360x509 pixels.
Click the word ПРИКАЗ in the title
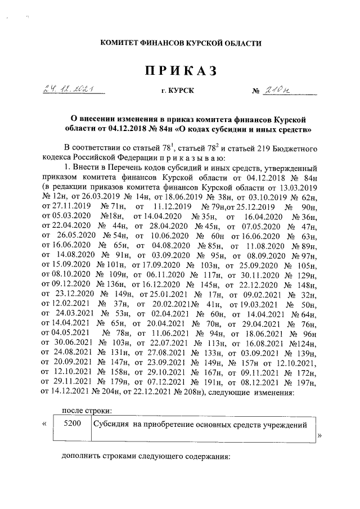pyautogui.click(x=181, y=71)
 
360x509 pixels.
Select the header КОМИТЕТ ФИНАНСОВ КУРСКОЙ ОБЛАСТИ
pyautogui.click(x=181, y=43)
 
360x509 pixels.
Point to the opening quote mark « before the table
pyautogui.click(x=43, y=424)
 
